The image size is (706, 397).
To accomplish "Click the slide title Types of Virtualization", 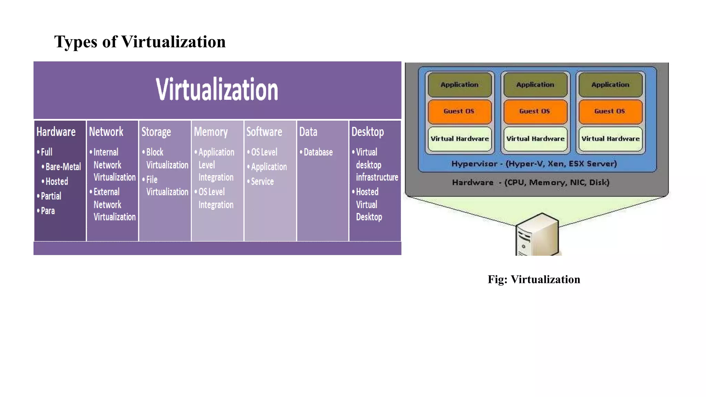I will [140, 42].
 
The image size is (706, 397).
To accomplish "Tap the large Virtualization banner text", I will [217, 89].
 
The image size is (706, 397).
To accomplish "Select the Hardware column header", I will [56, 132].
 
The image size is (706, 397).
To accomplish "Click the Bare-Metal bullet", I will [63, 167].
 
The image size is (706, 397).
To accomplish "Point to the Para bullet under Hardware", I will [48, 211].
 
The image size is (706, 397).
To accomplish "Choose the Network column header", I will [106, 132].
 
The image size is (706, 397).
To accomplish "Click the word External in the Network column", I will [106, 192].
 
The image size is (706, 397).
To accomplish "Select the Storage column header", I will [156, 132].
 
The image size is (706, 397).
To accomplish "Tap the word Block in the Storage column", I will [154, 152].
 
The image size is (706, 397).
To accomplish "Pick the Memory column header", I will [211, 132].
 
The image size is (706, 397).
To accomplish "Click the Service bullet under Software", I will [262, 182].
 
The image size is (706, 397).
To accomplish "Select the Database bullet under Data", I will [318, 152].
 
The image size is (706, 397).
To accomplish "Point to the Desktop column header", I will [367, 132].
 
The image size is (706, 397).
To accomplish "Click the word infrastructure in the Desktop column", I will [377, 177].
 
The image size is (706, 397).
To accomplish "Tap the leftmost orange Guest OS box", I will [459, 111].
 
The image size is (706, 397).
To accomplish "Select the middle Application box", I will [535, 85].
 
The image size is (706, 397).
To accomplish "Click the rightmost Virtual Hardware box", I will [610, 139].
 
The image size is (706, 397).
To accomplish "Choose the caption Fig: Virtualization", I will [534, 279].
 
